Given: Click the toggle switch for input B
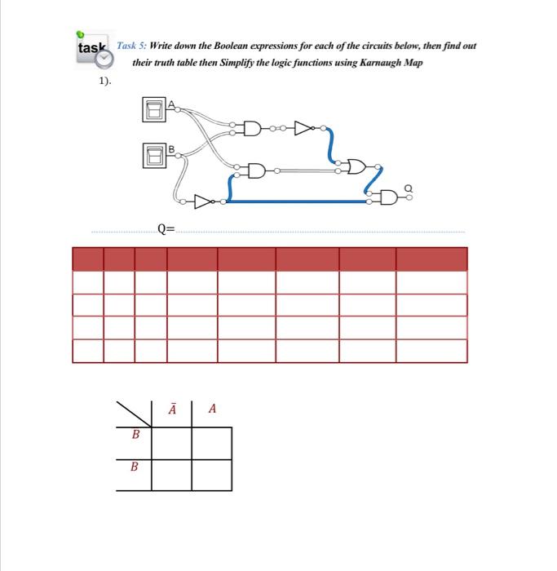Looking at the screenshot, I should point(153,154).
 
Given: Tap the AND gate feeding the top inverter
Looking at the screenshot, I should point(252,127).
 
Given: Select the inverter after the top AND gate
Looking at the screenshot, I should point(305,127).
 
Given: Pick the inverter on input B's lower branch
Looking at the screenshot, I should point(203,201).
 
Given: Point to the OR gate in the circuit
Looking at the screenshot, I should point(356,166).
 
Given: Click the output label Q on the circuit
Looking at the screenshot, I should point(409,188).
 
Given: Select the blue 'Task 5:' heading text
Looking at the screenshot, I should point(133,46).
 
